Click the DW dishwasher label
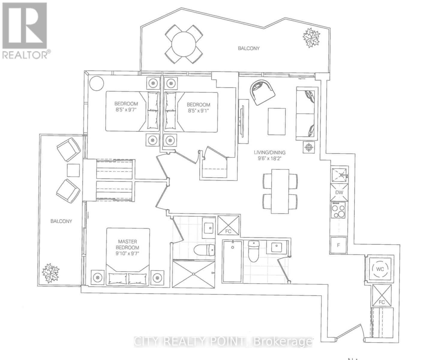pyautogui.click(x=339, y=192)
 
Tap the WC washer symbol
pyautogui.click(x=380, y=269)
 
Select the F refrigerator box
pyautogui.click(x=338, y=245)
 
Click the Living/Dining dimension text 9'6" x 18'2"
pyautogui.click(x=270, y=159)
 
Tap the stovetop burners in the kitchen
pyautogui.click(x=338, y=210)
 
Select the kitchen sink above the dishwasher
pyautogui.click(x=339, y=175)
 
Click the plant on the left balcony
pyautogui.click(x=51, y=273)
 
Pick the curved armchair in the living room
pyautogui.click(x=262, y=92)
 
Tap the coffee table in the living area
pyautogui.click(x=277, y=121)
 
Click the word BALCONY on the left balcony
pyautogui.click(x=61, y=221)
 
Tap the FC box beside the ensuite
pyautogui.click(x=228, y=225)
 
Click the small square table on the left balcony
pyautogui.click(x=73, y=170)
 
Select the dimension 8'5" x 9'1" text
pyautogui.click(x=198, y=110)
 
